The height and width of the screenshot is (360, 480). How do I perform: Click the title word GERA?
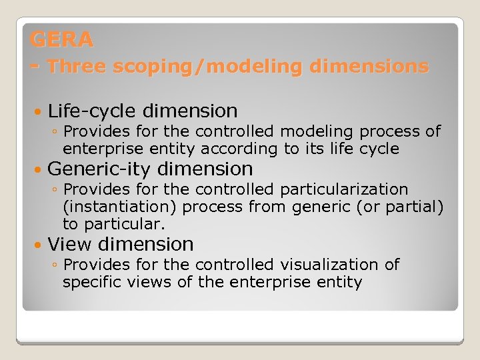tap(61, 40)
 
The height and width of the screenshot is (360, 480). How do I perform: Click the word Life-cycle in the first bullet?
tap(93, 111)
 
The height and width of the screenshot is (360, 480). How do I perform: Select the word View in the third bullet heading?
tap(72, 245)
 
